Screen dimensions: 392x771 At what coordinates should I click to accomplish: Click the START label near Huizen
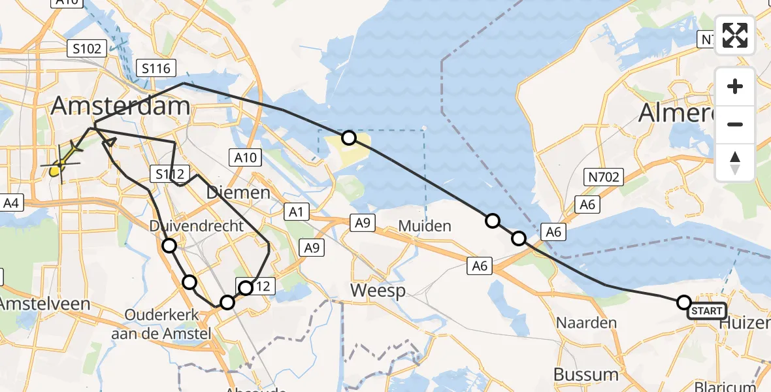[x=706, y=311]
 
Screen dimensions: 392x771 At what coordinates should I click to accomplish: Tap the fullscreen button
[x=735, y=35]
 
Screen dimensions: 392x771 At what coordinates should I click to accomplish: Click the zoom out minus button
[x=735, y=124]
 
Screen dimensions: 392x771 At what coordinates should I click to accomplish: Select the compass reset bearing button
[x=735, y=163]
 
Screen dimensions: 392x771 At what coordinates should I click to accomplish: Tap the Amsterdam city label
[x=121, y=106]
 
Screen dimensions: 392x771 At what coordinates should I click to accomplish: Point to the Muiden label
[x=425, y=226]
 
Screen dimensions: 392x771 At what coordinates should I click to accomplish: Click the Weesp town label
[x=378, y=290]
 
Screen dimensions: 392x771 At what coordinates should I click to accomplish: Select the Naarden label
[x=586, y=323]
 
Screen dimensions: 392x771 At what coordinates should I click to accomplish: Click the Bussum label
[x=585, y=374]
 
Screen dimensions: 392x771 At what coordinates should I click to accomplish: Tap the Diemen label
[x=238, y=193]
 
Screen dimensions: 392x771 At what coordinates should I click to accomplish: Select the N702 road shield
[x=604, y=176]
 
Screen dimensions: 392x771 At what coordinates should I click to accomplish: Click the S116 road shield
[x=155, y=68]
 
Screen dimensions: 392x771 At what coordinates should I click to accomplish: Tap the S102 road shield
[x=86, y=48]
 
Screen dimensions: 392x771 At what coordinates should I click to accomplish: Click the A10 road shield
[x=245, y=157]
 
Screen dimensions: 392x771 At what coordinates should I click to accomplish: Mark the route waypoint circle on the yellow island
[x=349, y=137]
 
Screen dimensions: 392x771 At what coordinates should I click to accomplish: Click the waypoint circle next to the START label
[x=684, y=302]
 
